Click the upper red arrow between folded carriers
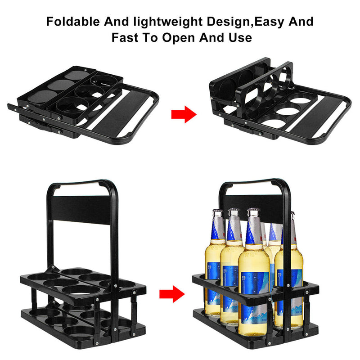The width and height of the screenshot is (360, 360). [184, 114]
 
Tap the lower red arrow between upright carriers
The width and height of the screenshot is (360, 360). [172, 295]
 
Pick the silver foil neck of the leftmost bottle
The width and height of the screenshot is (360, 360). [214, 227]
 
